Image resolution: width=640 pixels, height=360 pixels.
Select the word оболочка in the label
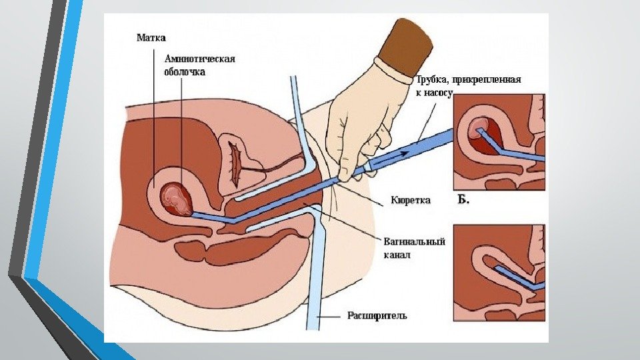(x=186, y=71)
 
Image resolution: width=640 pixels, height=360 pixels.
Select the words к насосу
(x=434, y=94)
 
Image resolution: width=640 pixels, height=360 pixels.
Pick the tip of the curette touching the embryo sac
(x=194, y=213)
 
